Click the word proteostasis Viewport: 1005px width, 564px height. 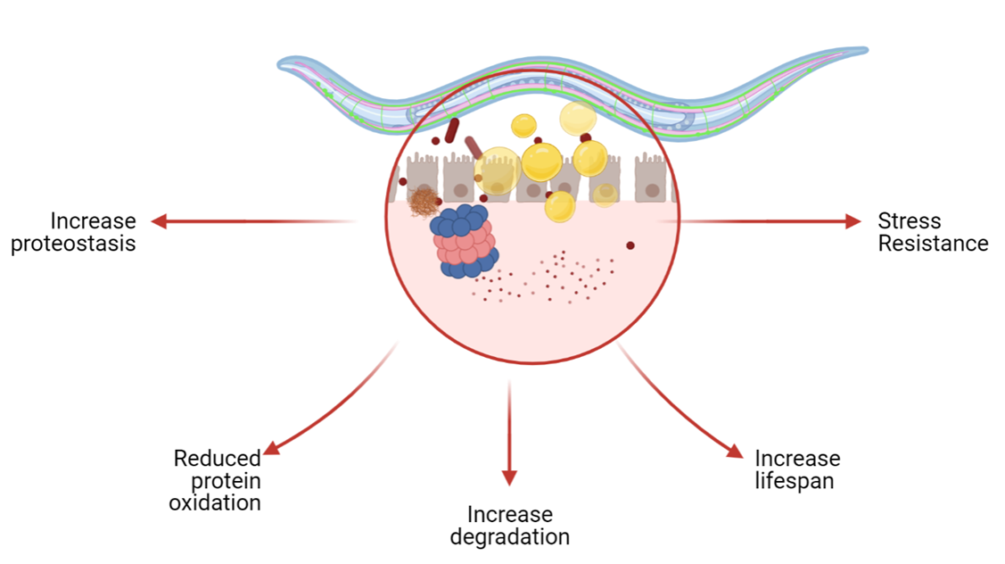pos(73,244)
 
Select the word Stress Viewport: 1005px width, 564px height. pos(909,220)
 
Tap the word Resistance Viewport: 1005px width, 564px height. pos(933,244)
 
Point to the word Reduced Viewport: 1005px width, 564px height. pos(217,459)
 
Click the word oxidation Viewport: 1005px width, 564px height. pos(215,502)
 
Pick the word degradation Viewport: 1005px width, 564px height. pos(509,536)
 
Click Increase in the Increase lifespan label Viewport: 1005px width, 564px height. pos(797,459)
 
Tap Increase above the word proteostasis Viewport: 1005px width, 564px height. pos(93,220)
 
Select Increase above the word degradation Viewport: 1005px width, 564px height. pos(509,514)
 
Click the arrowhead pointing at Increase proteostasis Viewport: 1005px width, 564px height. pos(160,221)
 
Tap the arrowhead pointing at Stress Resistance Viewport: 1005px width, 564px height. pos(853,221)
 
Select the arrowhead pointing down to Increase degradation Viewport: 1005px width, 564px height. pos(509,477)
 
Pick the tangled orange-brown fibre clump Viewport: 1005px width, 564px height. pos(424,202)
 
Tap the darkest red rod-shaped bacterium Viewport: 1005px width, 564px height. pos(452,130)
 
